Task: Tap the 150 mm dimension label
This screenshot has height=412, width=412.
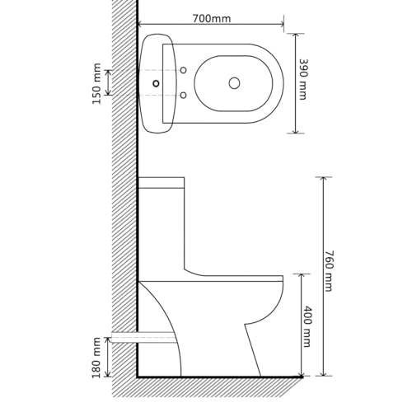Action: coord(97,83)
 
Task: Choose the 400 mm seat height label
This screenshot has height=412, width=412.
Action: coord(306,326)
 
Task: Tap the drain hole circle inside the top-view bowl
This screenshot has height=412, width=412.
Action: coord(234,83)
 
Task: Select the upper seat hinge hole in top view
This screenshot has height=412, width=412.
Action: coord(183,70)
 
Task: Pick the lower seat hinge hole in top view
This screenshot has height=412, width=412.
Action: coord(183,96)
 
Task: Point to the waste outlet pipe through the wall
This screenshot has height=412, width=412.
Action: coord(145,338)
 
